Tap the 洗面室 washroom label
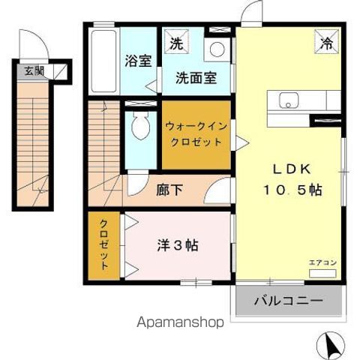(x=196, y=77)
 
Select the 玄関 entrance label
(x=34, y=72)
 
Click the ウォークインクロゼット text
(x=196, y=136)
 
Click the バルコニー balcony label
(x=288, y=301)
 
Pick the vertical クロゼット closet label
(x=103, y=245)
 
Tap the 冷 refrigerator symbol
(x=328, y=42)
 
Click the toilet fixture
(x=139, y=128)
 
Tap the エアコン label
(x=322, y=262)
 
